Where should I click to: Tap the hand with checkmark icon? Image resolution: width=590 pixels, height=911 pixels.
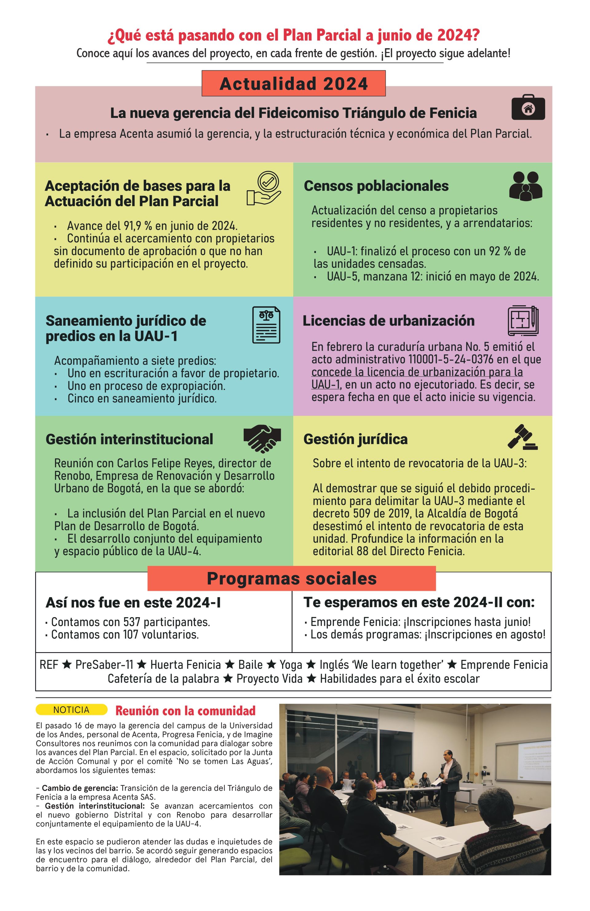(264, 188)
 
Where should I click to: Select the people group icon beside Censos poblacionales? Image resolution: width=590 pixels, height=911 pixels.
(526, 186)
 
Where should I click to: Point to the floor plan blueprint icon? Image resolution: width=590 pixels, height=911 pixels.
(523, 321)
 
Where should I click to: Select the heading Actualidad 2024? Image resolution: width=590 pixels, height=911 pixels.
(293, 84)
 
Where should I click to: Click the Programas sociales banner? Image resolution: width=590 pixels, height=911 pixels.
(292, 579)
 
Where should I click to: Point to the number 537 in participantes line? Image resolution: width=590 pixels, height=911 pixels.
(132, 622)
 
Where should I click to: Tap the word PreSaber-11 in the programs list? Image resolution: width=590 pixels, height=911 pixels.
(104, 664)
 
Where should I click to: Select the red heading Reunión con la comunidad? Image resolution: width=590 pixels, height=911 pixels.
(185, 711)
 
